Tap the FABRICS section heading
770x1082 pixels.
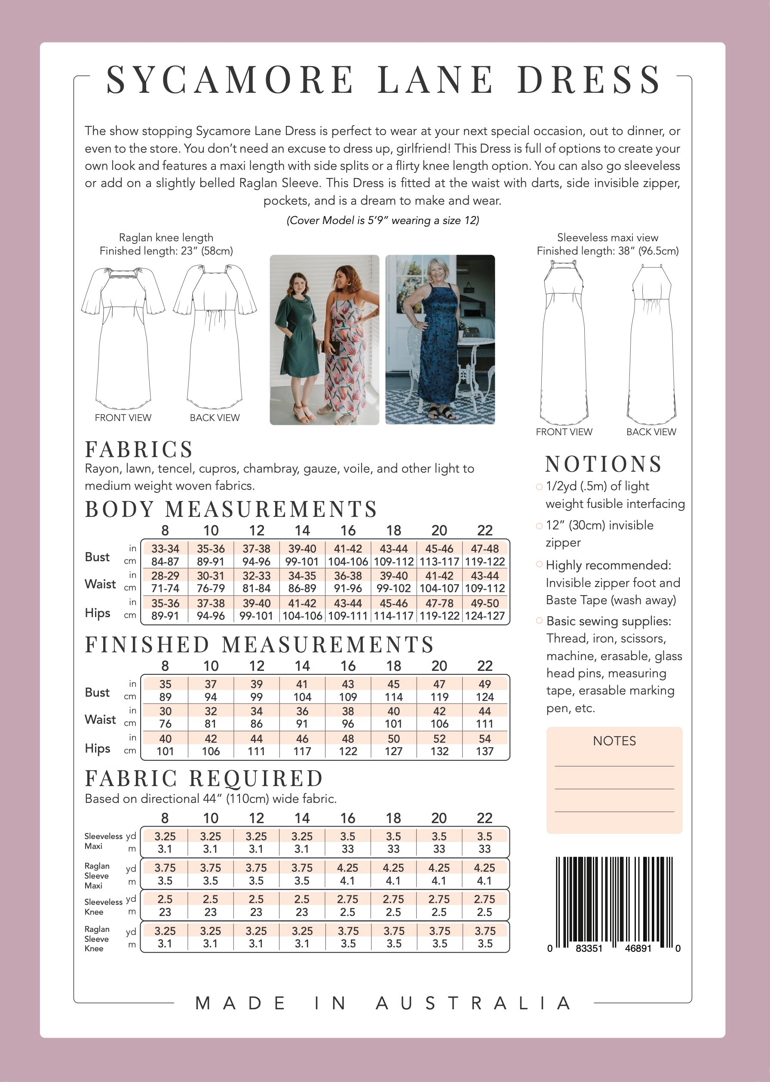[139, 449]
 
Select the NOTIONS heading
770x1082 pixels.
[603, 464]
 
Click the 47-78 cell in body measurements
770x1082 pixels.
[439, 603]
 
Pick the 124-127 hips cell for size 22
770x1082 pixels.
[485, 616]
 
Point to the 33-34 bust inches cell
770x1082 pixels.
[165, 549]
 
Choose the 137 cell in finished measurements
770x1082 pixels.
[485, 751]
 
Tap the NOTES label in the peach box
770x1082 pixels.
[614, 741]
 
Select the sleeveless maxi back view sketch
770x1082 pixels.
[652, 344]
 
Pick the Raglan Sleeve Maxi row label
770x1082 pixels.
[97, 875]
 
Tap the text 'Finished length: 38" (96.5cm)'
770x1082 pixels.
[607, 251]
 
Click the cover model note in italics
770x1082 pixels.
[383, 220]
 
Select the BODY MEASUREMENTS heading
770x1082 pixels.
[231, 509]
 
